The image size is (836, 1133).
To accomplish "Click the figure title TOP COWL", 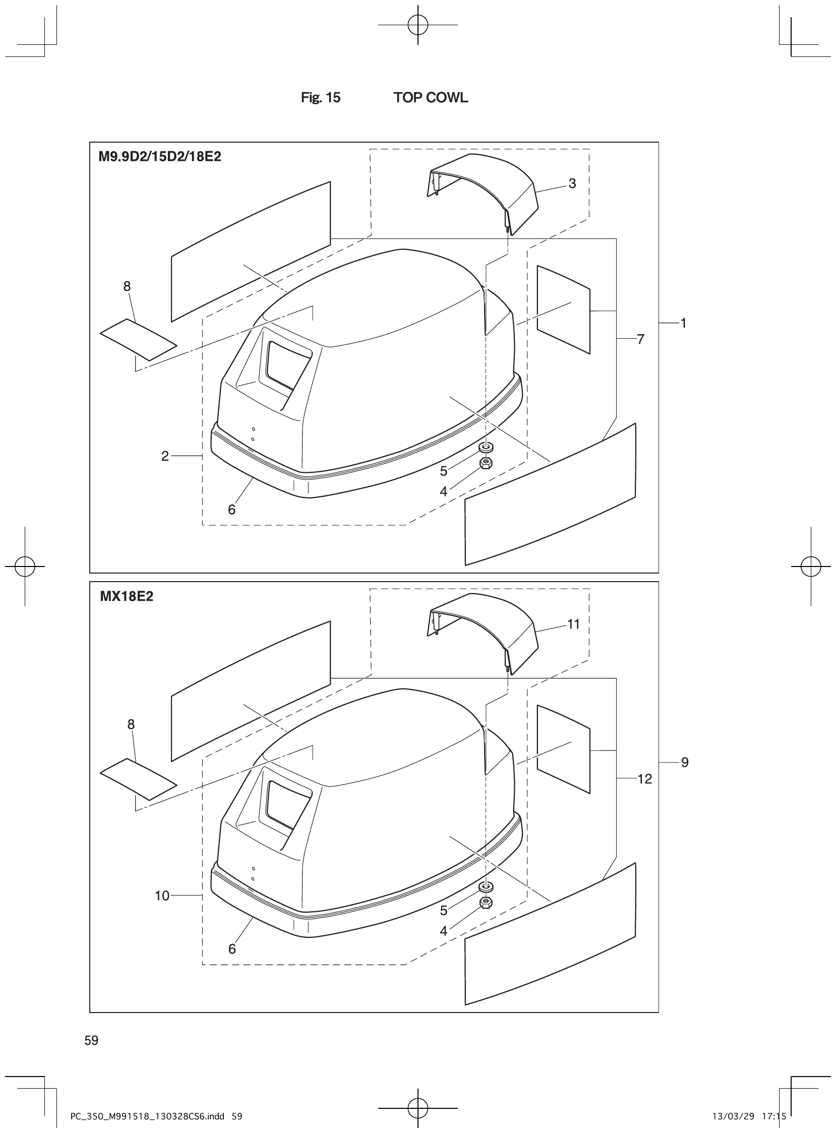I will click(431, 98).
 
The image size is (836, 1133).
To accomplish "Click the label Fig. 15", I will click(320, 98).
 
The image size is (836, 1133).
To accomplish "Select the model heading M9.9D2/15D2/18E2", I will click(159, 157).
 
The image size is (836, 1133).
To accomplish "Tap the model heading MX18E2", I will click(127, 597).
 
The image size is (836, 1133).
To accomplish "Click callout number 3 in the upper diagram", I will click(572, 183).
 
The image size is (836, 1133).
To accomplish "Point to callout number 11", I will click(573, 624).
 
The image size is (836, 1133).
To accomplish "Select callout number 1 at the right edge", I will click(683, 323).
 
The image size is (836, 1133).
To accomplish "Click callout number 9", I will click(684, 762).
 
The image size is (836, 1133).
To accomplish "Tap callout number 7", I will click(641, 339).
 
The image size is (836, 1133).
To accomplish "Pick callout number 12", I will click(644, 779).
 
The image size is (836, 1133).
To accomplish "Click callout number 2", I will click(165, 456).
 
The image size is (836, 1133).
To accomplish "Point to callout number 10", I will click(162, 896).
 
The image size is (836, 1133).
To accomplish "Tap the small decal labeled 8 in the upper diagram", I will click(138, 339).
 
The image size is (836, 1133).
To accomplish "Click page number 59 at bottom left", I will click(92, 1040).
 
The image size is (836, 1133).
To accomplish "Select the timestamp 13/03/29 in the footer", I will click(733, 1116).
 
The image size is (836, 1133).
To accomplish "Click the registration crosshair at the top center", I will click(418, 24).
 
